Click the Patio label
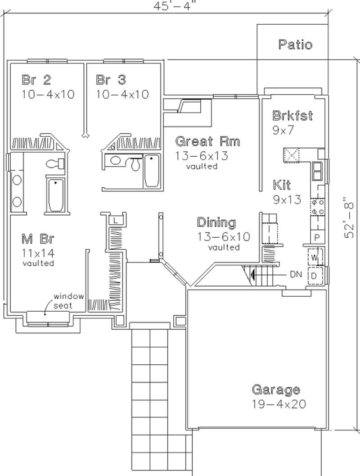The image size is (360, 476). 295,45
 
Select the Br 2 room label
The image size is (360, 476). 36,80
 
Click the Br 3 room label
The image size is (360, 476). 111,80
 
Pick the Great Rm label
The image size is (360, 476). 207,141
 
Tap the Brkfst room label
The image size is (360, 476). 292,116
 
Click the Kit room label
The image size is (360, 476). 282,185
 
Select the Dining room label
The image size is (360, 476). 216,222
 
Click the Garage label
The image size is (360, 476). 275,390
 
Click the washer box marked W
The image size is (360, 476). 314,258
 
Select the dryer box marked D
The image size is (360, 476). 314,275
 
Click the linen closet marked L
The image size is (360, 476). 116,221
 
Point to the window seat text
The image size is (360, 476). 69,300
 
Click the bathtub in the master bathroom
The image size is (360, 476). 56,195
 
